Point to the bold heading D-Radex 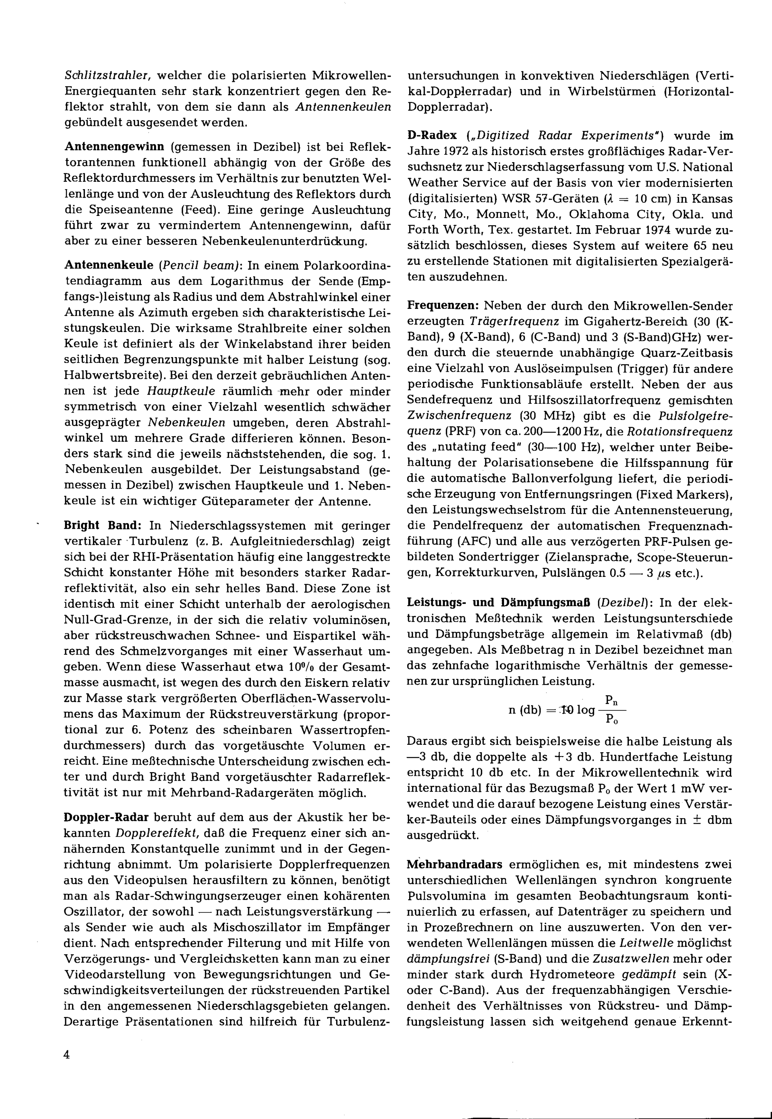point(432,136)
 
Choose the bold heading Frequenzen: point(443,306)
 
